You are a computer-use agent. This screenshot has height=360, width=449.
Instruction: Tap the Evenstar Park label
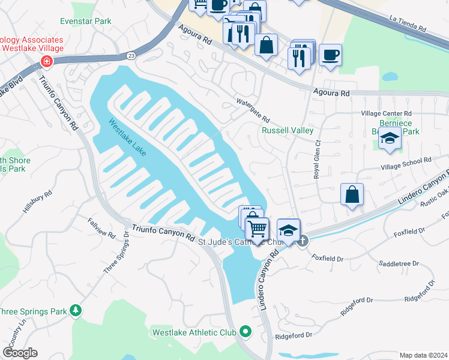coord(86,21)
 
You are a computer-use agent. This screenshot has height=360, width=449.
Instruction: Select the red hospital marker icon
coord(46,61)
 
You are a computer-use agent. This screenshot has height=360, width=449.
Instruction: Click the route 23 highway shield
coord(131,56)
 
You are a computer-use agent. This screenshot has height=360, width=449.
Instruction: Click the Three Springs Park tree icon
coord(76,310)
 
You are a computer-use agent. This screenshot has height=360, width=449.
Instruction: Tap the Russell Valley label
coord(288,130)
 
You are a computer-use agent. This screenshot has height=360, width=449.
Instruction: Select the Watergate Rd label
coord(253,110)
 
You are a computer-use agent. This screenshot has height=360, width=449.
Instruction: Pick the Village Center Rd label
coord(386,113)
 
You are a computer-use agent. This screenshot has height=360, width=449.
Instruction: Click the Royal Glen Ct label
coord(318,158)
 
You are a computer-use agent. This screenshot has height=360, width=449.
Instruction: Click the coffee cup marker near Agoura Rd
coord(330,55)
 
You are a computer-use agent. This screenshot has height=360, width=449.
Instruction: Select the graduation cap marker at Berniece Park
coord(390,139)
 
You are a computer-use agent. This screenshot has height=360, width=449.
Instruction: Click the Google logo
coord(19,353)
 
